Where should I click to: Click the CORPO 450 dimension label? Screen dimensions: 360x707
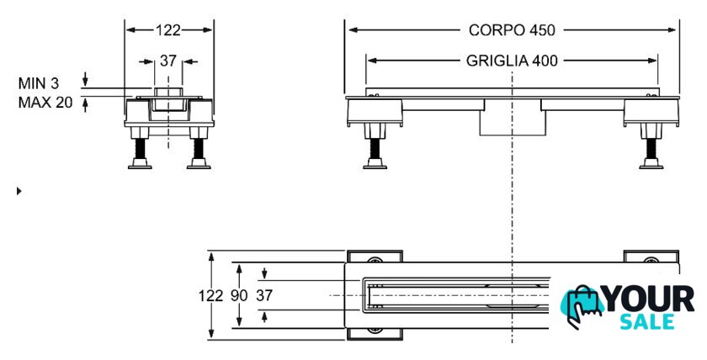[x=512, y=30]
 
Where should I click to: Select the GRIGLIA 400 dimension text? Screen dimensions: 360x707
[x=512, y=61]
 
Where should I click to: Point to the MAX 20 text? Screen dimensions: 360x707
[x=46, y=102]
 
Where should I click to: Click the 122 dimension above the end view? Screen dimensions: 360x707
[x=168, y=30]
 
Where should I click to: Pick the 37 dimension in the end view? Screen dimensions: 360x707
[x=168, y=61]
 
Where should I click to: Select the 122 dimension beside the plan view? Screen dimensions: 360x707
[x=211, y=295]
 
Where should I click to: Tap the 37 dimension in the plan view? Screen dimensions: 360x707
[x=264, y=295]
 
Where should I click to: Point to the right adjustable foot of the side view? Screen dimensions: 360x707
[x=650, y=150]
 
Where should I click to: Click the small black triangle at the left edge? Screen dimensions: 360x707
[x=19, y=191]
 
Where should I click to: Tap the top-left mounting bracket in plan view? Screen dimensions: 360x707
[x=375, y=259]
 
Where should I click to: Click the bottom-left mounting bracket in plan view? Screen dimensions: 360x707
[x=375, y=331]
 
